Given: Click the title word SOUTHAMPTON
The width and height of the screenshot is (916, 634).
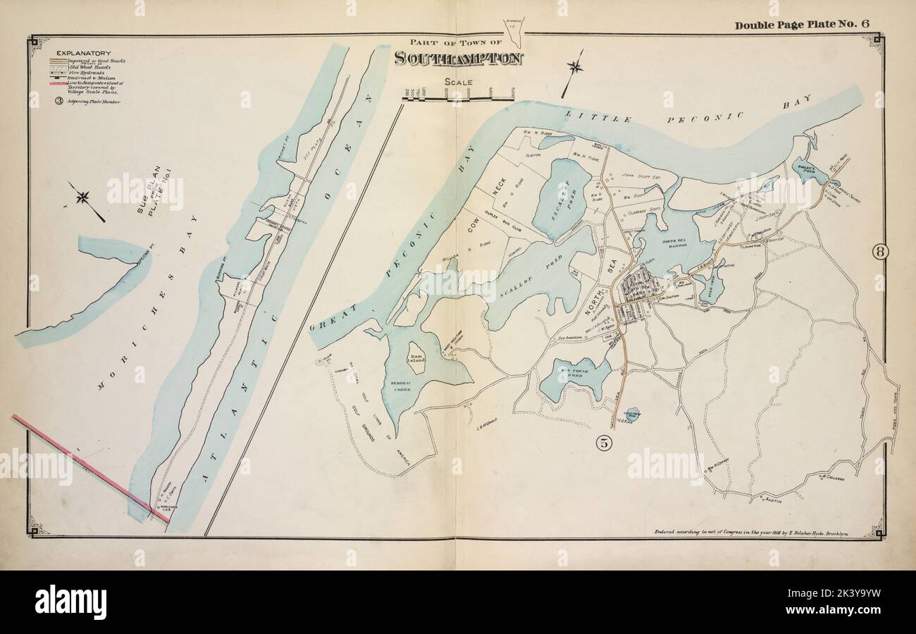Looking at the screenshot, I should tap(459, 59).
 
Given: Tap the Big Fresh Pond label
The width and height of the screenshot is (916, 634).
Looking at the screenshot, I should tap(573, 367).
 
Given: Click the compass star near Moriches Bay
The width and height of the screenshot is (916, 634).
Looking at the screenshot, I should tap(84, 197).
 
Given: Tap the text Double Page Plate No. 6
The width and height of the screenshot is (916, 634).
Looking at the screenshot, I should tap(801, 25).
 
